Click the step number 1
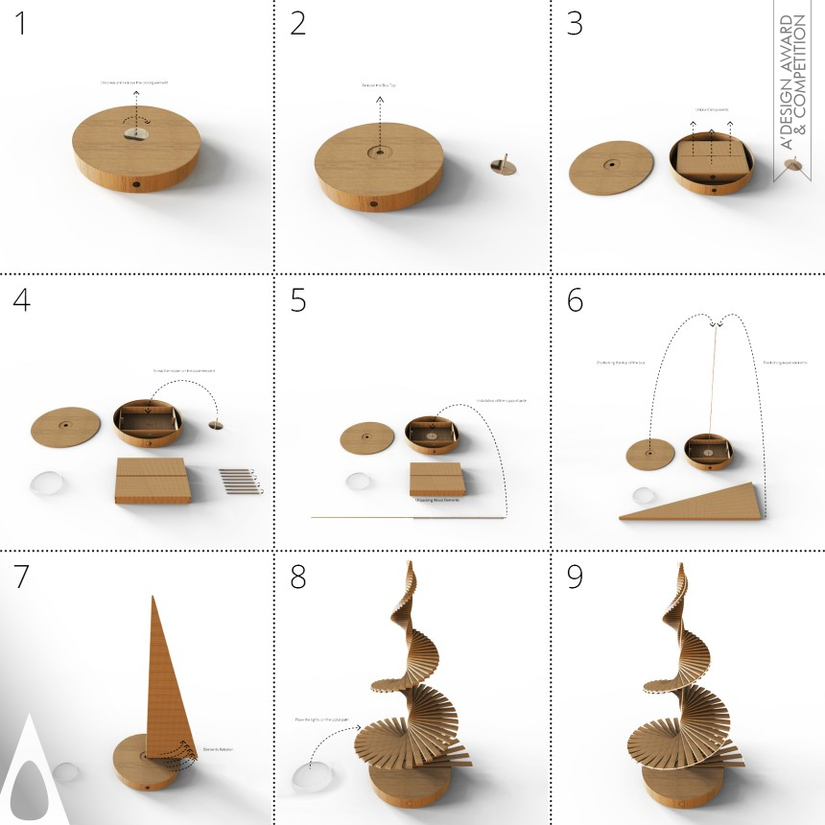pos(21,24)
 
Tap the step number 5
pos(298,300)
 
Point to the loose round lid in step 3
pos(610,171)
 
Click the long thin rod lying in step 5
pos(408,517)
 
